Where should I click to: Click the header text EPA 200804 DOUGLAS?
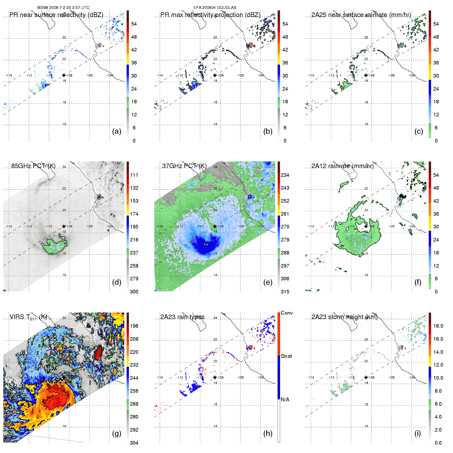(215, 8)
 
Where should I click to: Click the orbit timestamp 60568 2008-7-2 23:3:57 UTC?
(63, 8)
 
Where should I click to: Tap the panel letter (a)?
(117, 131)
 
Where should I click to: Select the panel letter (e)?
(268, 282)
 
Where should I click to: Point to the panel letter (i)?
(418, 433)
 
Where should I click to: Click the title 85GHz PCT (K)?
(33, 166)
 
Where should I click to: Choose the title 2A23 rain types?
(182, 317)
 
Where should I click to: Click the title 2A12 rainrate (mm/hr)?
(342, 166)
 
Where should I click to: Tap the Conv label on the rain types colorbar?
(287, 313)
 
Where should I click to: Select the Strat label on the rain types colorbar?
(286, 356)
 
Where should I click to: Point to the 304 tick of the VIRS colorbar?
(134, 443)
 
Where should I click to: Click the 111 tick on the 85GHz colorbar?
(134, 175)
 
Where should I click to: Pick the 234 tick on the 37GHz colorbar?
(285, 175)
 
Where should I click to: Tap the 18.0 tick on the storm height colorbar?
(438, 326)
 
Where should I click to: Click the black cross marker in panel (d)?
(64, 226)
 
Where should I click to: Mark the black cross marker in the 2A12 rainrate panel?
(366, 226)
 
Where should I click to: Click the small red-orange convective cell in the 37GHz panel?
(250, 196)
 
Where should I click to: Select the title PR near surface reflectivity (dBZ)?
(56, 15)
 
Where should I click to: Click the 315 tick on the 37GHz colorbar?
(285, 292)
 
